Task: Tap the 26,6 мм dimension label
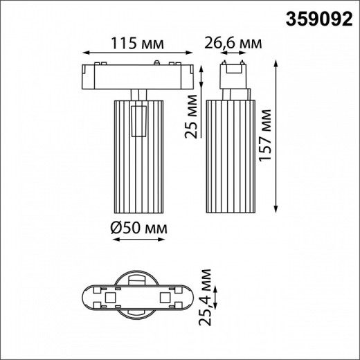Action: click(x=233, y=44)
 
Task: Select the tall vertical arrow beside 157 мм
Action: click(x=277, y=138)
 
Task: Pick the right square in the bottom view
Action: click(x=165, y=298)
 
